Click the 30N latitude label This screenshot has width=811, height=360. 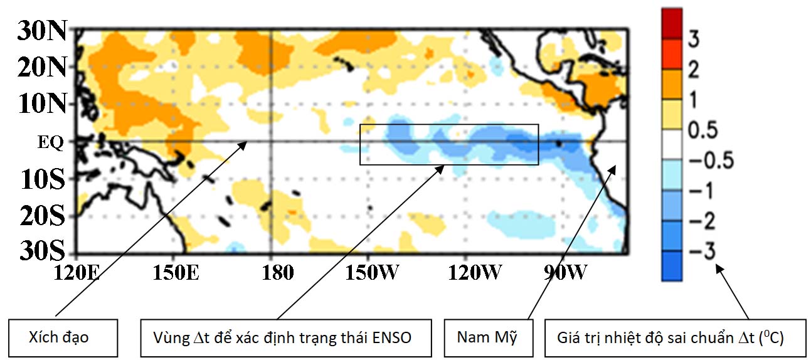pyautogui.click(x=40, y=31)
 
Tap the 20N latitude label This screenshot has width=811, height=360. pyautogui.click(x=40, y=67)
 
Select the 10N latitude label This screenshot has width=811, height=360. pyautogui.click(x=40, y=103)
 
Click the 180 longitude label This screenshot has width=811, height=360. pyautogui.click(x=271, y=273)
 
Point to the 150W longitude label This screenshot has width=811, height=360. pyautogui.click(x=369, y=273)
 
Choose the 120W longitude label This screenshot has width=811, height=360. pyautogui.click(x=465, y=273)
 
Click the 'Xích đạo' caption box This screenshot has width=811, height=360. pyautogui.click(x=63, y=337)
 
